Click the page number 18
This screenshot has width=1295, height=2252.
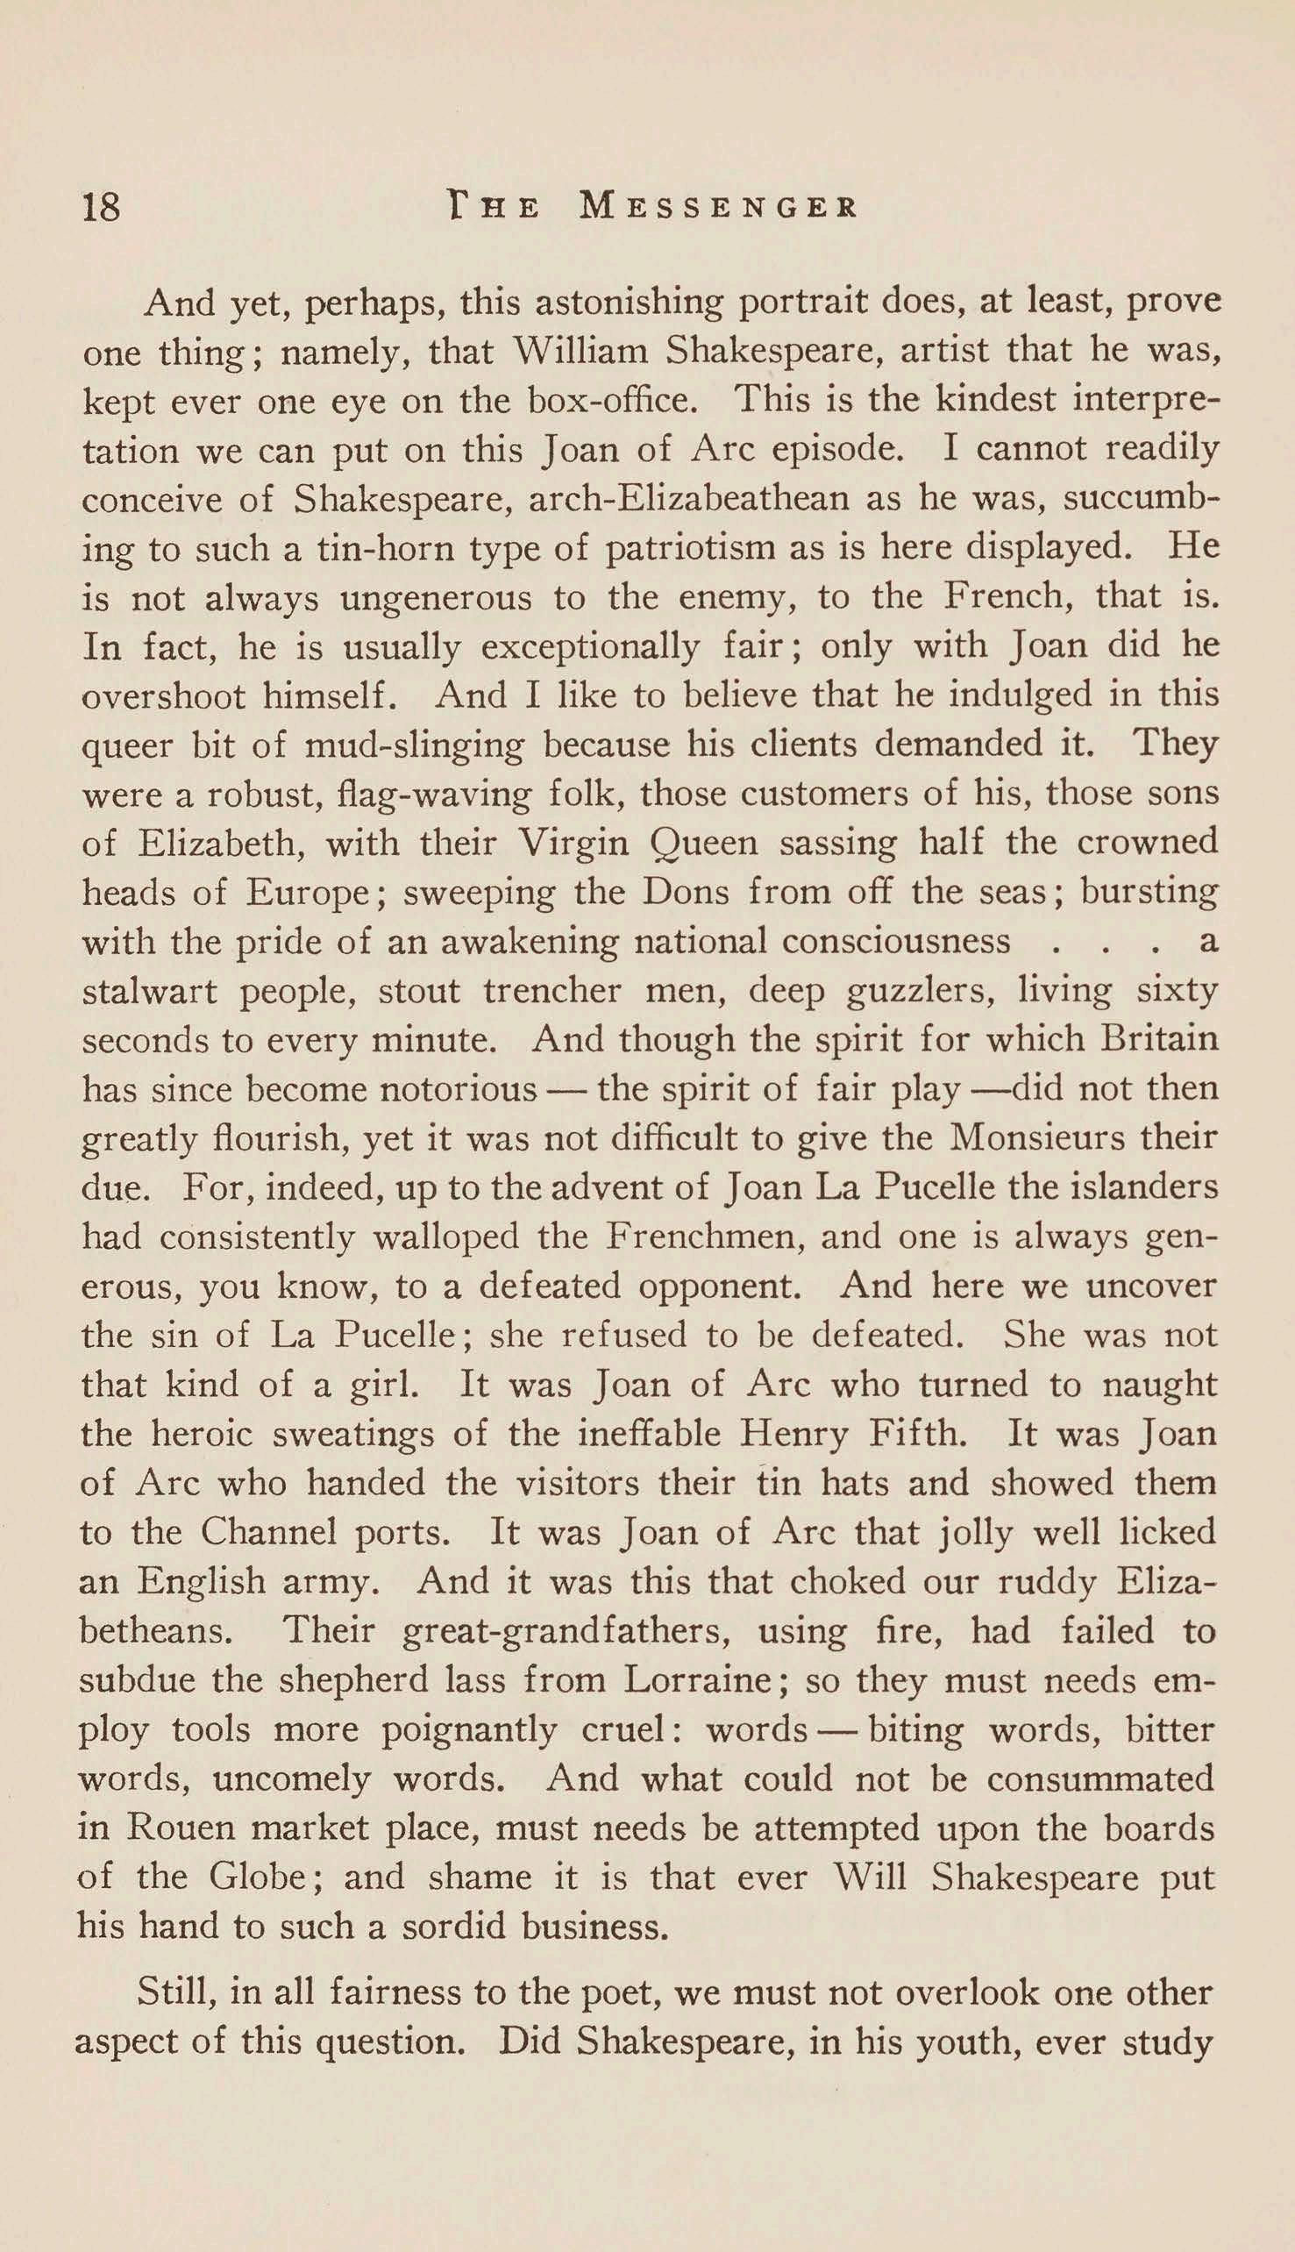(101, 208)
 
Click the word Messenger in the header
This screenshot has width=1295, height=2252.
(719, 208)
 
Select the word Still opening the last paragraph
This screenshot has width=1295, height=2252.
(174, 1992)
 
